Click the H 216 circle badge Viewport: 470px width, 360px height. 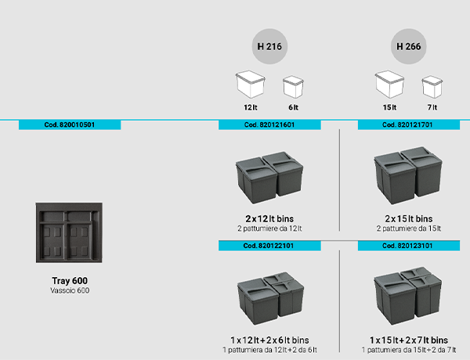point(269,46)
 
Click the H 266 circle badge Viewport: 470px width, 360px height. point(408,46)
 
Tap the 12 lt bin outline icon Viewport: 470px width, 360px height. point(250,85)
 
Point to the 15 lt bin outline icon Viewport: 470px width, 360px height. point(389,85)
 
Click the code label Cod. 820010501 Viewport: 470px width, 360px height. point(69,124)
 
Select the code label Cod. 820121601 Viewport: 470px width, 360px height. point(269,124)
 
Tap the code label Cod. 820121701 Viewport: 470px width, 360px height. point(408,124)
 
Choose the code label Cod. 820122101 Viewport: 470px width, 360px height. point(269,246)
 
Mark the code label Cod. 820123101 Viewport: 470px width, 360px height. point(408,246)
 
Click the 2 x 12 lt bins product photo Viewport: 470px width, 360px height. point(269,177)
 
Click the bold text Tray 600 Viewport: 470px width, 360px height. point(69,281)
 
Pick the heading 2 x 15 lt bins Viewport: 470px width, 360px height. point(408,218)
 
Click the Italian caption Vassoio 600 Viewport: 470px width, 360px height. point(69,290)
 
